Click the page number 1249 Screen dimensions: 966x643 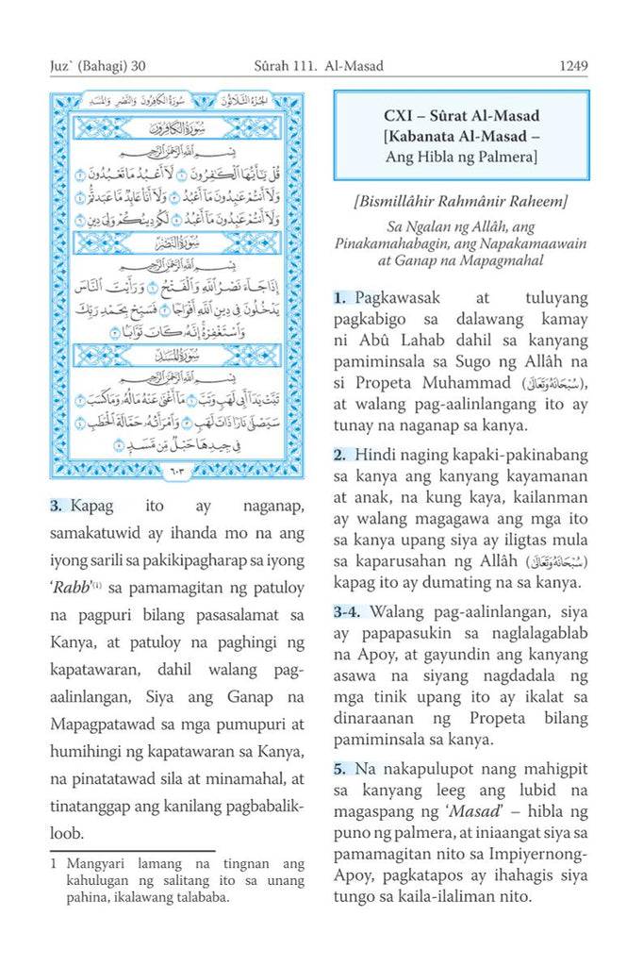573,67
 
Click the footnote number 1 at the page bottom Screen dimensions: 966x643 55,862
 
